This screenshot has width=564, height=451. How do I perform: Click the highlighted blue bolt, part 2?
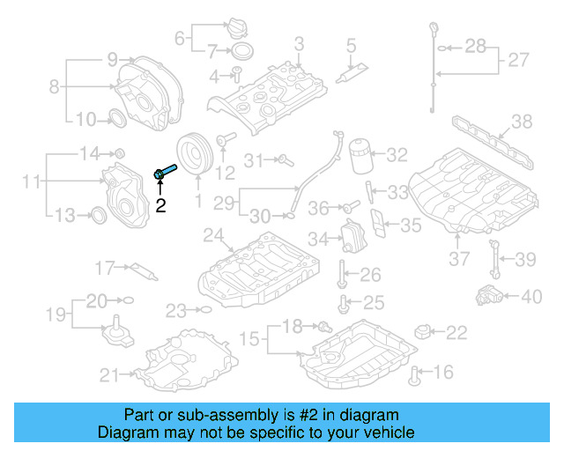point(165,172)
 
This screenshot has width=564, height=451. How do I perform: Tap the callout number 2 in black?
point(160,206)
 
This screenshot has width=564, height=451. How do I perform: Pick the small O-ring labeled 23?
point(204,309)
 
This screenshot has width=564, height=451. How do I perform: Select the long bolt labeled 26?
point(341,275)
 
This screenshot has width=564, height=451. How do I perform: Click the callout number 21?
point(108,376)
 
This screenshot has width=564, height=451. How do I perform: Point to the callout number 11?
point(32,182)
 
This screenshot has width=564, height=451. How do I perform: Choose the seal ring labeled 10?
point(116,117)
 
